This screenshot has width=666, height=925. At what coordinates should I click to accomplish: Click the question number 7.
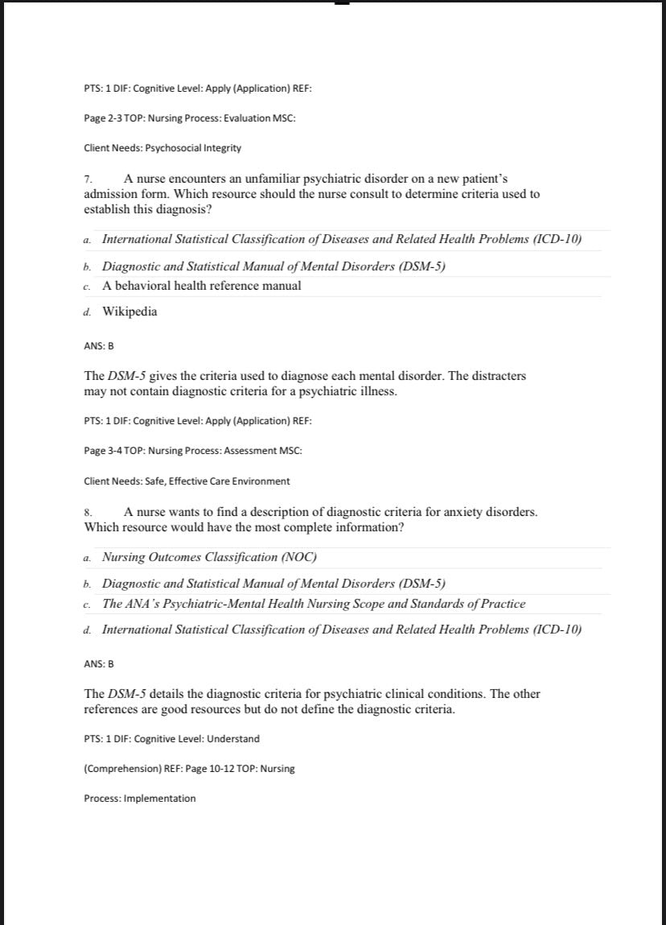(x=88, y=179)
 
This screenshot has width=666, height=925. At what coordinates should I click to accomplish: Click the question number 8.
(x=88, y=512)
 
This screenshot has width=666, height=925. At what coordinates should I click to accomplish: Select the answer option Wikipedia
(x=129, y=312)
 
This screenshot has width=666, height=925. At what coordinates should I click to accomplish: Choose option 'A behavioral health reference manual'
(x=202, y=285)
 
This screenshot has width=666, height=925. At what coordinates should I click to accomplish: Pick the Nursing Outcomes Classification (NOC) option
(x=209, y=557)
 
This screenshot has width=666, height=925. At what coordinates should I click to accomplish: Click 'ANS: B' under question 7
(x=99, y=346)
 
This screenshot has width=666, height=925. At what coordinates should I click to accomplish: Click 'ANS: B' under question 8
(x=99, y=664)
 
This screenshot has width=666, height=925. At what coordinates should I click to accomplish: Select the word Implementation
(x=159, y=799)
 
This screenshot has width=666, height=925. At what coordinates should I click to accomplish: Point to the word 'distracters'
(x=498, y=376)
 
